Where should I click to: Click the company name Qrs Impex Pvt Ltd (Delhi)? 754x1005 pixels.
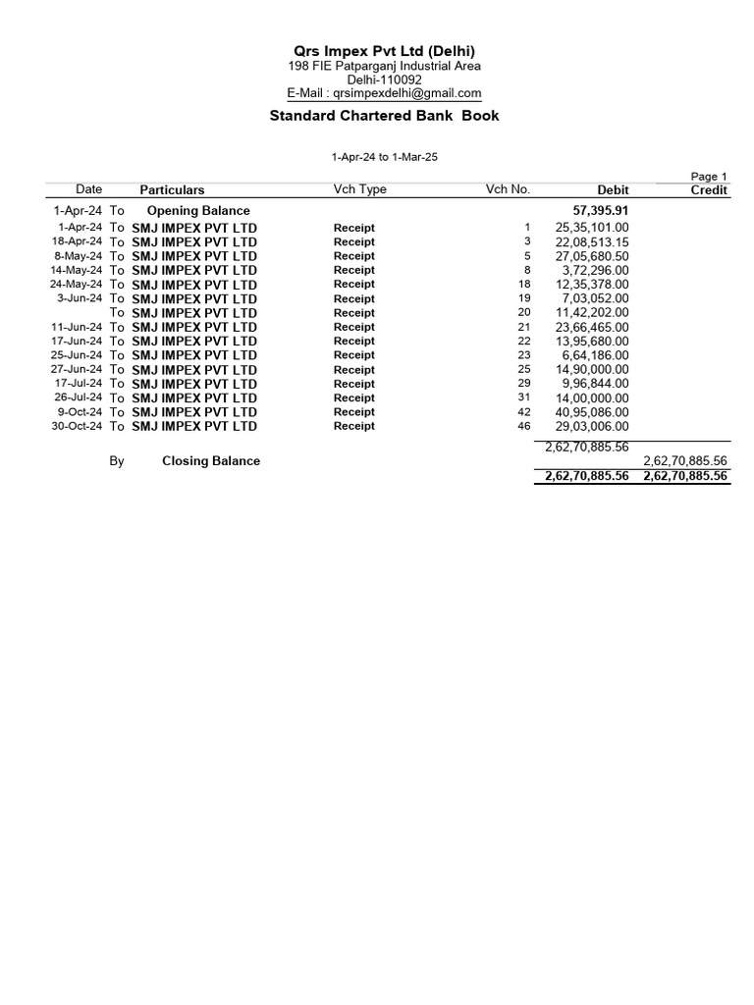tap(384, 51)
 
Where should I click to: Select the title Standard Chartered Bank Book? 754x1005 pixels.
tap(384, 116)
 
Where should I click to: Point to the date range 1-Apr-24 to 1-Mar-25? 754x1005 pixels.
tap(384, 157)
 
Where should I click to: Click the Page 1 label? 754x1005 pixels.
tap(709, 177)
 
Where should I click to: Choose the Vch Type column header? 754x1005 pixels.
tap(359, 189)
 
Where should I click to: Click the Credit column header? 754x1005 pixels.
tap(709, 190)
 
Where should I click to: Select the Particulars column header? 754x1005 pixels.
tap(172, 190)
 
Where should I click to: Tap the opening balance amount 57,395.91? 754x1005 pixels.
tap(601, 211)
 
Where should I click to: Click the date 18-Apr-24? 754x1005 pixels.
tap(77, 241)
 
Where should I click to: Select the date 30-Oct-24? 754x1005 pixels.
tap(77, 427)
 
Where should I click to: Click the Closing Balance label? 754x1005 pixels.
tap(211, 461)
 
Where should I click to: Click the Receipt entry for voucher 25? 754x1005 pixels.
tap(353, 370)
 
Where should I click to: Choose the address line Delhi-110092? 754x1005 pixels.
tap(384, 79)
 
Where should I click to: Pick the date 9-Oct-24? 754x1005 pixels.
tap(80, 412)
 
